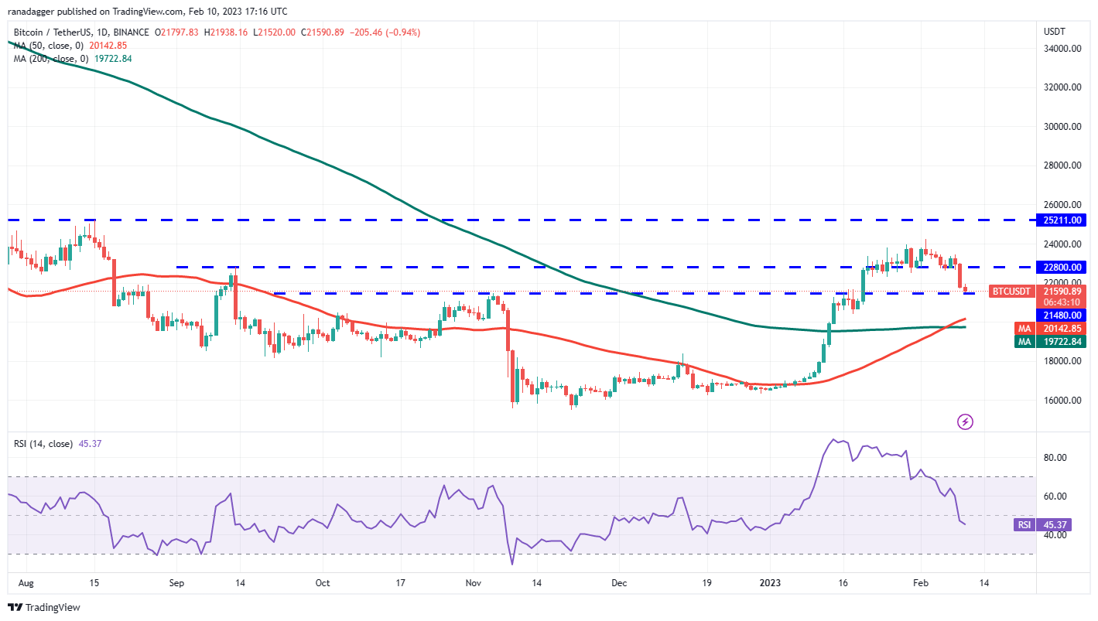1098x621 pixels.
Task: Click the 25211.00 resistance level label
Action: point(1062,220)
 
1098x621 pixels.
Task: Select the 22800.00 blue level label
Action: point(1062,268)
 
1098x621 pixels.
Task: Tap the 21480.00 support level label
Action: point(1062,315)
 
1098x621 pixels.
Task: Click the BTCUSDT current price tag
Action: point(1012,292)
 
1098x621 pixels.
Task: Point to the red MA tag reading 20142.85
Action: point(1062,328)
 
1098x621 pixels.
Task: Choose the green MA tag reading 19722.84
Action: point(1062,341)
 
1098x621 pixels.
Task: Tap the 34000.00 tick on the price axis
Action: point(1062,49)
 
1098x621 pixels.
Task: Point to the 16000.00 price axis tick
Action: point(1062,401)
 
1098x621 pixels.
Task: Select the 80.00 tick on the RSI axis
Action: point(1056,458)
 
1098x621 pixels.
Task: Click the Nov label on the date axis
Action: point(474,583)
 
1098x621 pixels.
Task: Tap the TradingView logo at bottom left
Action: point(44,607)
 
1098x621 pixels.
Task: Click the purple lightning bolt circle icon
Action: point(965,421)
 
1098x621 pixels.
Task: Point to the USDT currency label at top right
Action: point(1054,32)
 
